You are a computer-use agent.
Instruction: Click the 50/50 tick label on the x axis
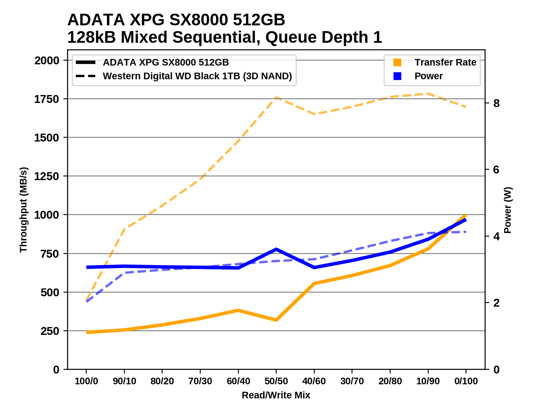276,381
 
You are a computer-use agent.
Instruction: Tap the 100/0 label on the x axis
86,381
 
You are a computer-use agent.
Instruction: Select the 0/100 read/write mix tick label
466,381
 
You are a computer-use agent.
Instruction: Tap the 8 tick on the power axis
496,103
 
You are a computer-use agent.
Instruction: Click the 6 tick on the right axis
496,170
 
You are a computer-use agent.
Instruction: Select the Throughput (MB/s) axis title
23,210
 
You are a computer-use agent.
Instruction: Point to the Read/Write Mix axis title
276,395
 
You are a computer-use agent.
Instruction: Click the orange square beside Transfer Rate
397,62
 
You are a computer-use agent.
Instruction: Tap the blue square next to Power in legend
397,76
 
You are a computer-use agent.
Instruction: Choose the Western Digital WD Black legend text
197,76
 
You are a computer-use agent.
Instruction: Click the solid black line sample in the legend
86,62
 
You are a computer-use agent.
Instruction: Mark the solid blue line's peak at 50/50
276,249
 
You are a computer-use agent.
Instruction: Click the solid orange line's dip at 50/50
276,320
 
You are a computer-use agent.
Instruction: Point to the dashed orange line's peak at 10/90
428,94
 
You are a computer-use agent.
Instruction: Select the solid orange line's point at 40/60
314,283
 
